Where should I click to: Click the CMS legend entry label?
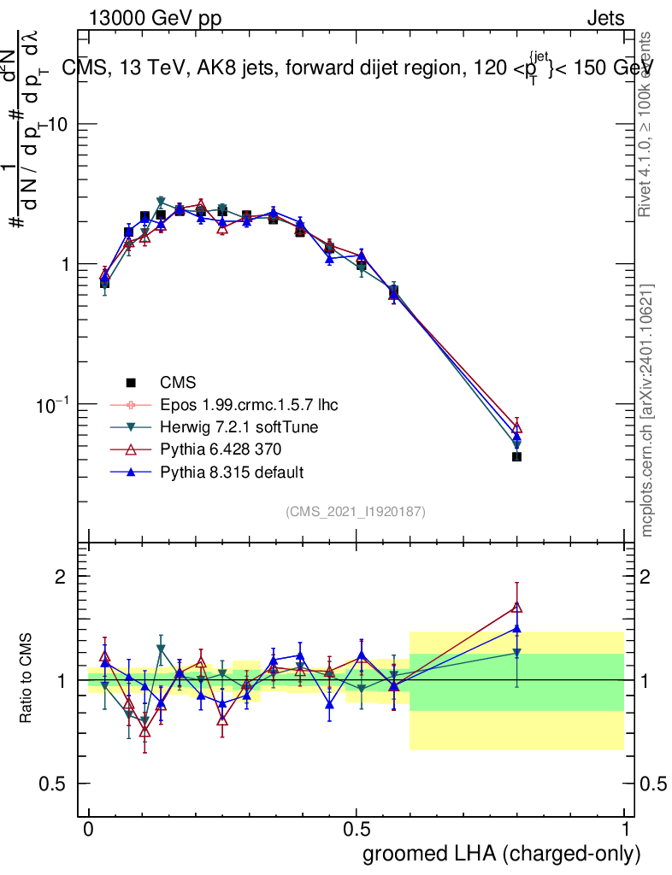pyautogui.click(x=179, y=382)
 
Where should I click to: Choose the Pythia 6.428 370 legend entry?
pyautogui.click(x=221, y=449)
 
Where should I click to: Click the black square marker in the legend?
pyautogui.click(x=131, y=382)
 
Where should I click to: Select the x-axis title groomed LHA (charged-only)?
pyautogui.click(x=502, y=853)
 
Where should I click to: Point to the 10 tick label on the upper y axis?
pyautogui.click(x=56, y=125)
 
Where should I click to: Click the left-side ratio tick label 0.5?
pyautogui.click(x=54, y=784)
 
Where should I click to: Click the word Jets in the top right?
pyautogui.click(x=605, y=18)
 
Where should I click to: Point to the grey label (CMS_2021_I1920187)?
pyautogui.click(x=356, y=512)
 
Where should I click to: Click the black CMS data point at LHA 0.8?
pyautogui.click(x=516, y=457)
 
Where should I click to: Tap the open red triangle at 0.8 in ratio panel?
pyautogui.click(x=516, y=608)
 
